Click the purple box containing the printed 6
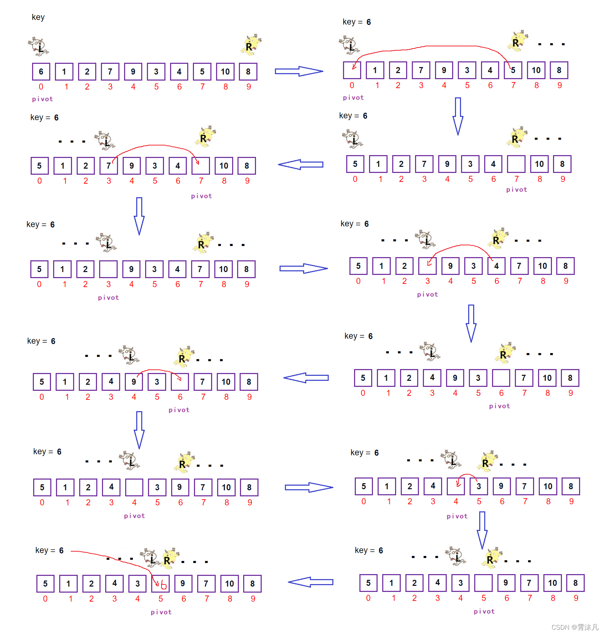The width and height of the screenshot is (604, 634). [x=41, y=72]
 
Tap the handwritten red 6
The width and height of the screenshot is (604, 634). [x=164, y=585]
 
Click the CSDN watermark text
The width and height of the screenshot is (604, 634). [x=575, y=627]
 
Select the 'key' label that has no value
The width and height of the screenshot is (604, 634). [x=38, y=17]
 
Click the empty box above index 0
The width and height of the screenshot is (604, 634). [x=352, y=70]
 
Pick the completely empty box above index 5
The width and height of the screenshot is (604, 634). [x=483, y=583]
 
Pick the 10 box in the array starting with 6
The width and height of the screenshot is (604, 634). [x=225, y=72]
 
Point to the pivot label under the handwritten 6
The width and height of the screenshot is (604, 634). [x=161, y=612]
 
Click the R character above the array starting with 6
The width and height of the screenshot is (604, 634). [x=251, y=45]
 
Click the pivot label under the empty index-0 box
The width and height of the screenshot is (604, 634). [x=353, y=98]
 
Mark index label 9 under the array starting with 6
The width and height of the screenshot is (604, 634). [x=249, y=87]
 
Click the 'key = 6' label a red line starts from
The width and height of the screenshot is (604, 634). [x=50, y=550]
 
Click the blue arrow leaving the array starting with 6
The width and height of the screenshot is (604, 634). [x=299, y=71]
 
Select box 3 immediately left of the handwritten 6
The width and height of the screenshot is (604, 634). [x=138, y=584]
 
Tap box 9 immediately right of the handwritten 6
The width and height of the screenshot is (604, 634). [x=183, y=584]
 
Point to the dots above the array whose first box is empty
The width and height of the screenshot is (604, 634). [x=551, y=44]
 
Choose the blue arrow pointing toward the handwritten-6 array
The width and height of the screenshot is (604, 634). [x=311, y=582]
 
